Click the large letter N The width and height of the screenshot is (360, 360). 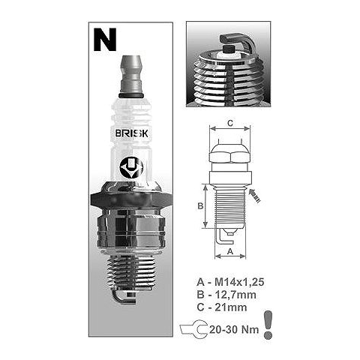pyautogui.click(x=105, y=40)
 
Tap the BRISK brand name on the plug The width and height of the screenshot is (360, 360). pyautogui.click(x=132, y=133)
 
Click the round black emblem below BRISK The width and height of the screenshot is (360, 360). pyautogui.click(x=131, y=167)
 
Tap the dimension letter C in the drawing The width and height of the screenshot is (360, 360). pyautogui.click(x=230, y=123)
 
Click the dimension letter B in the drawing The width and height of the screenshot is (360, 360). pyautogui.click(x=200, y=206)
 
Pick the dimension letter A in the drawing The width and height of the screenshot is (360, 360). pyautogui.click(x=230, y=251)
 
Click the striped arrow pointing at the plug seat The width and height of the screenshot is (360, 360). pyautogui.click(x=255, y=196)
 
